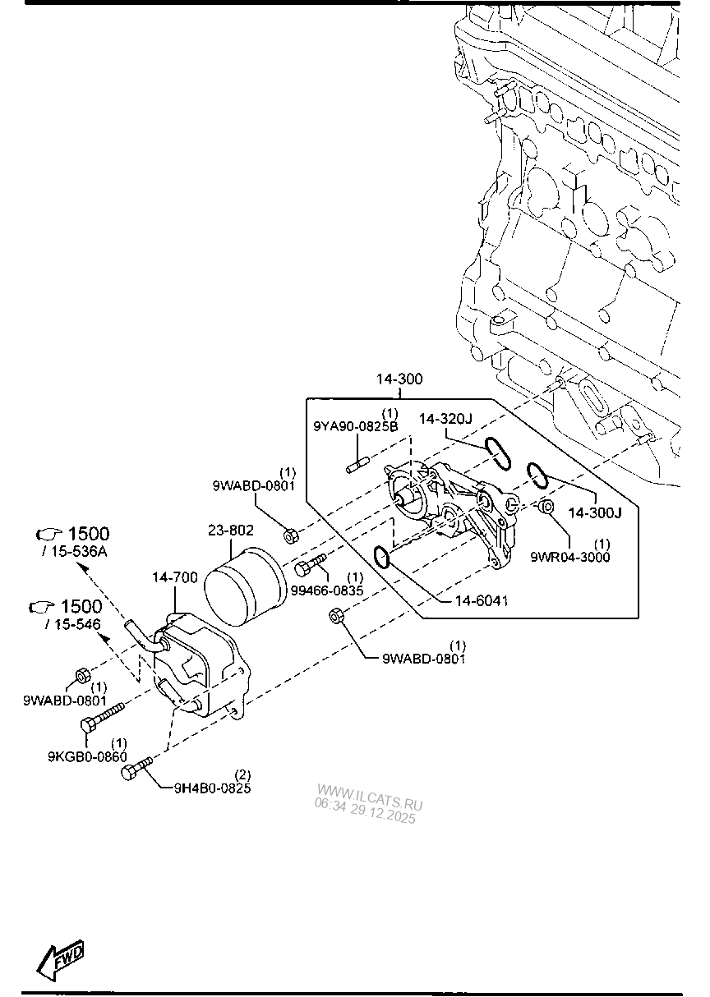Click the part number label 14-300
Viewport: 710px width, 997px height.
coord(399,379)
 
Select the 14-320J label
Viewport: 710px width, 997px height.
coord(445,419)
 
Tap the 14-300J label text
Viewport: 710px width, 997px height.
coord(595,513)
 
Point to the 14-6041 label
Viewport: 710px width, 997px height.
coord(481,601)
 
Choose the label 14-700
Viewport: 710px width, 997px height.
coord(174,577)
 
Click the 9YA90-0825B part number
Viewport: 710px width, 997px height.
coord(356,426)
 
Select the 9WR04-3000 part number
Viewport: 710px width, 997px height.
coord(569,557)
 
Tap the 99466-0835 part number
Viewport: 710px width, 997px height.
coord(327,590)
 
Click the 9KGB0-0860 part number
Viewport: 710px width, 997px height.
coord(87,756)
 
